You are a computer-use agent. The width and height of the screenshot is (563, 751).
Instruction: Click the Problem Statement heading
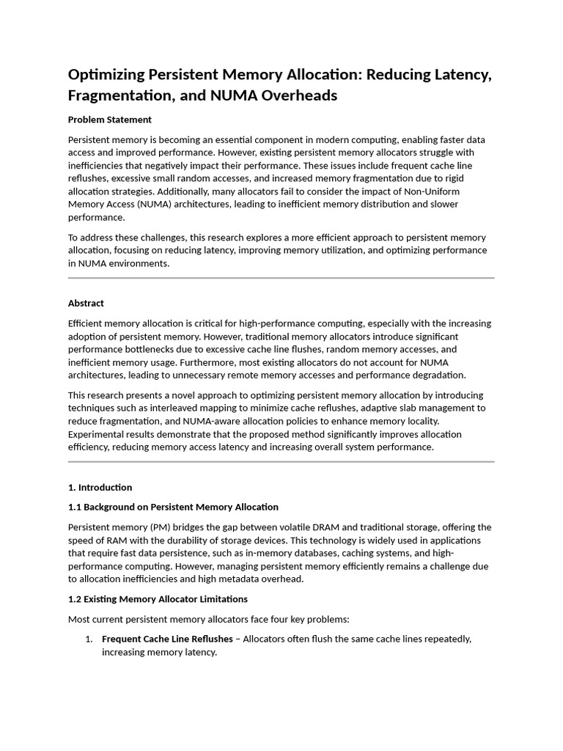point(109,120)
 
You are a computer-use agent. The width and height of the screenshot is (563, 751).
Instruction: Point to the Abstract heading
point(86,303)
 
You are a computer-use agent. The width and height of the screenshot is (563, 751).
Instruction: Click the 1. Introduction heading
point(100,487)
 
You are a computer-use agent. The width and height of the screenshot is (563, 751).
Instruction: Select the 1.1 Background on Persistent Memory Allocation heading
point(173,507)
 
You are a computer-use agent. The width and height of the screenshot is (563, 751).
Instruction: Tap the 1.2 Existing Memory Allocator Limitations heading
point(158,599)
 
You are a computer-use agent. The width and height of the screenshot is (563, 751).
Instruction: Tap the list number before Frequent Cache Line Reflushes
point(89,639)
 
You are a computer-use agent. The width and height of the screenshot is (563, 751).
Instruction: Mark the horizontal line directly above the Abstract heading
point(281,279)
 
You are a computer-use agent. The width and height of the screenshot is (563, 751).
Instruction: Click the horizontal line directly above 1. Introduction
point(281,462)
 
